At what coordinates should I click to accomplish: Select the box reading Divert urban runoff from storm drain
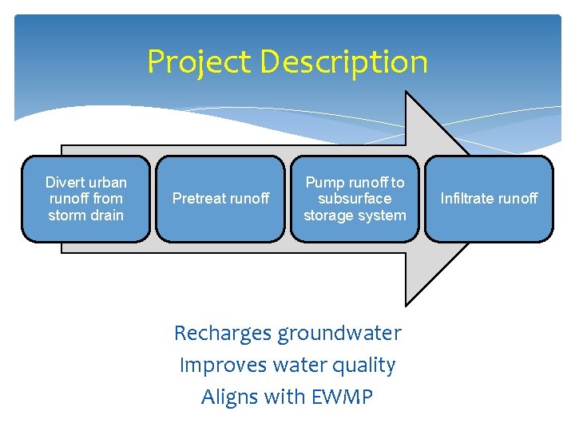(85, 199)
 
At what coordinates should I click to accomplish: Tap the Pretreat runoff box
(220, 199)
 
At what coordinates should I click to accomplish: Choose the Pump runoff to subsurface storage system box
(355, 199)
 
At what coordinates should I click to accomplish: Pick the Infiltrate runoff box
(489, 199)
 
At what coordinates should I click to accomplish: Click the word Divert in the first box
(63, 183)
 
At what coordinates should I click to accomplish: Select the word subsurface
(355, 199)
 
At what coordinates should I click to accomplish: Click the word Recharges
(222, 333)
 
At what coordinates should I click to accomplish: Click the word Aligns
(228, 397)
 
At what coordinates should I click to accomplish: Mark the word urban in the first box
(107, 183)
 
